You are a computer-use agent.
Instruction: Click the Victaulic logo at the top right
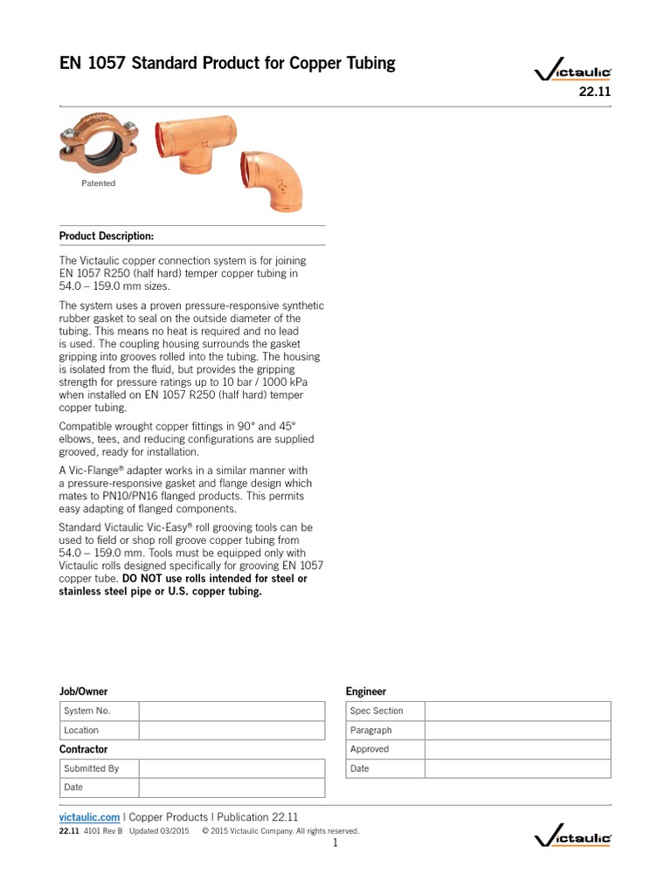[572, 75]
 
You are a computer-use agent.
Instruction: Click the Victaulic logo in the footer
[572, 837]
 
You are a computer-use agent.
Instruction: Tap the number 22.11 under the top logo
[595, 94]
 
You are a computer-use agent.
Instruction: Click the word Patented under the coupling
[99, 183]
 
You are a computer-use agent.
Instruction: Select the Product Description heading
[106, 236]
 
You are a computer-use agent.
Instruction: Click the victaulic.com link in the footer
[89, 817]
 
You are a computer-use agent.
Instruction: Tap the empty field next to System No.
[231, 711]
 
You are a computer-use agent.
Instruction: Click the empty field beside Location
[231, 730]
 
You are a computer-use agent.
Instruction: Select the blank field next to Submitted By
[231, 768]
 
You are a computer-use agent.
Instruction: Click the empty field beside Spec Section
[517, 711]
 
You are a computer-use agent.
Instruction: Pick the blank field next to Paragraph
[517, 730]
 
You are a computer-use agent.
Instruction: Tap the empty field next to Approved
[517, 749]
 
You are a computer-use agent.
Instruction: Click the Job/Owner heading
[83, 691]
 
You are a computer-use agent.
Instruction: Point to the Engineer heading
[365, 691]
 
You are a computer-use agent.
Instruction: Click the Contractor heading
[83, 749]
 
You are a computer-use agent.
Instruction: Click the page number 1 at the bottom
[335, 843]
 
